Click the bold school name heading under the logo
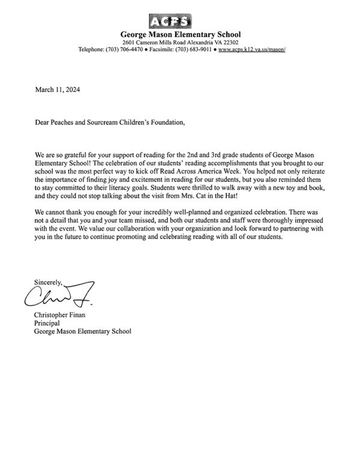coord(181,35)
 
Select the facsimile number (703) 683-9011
coord(193,50)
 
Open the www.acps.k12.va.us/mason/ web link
coord(251,50)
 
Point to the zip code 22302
coord(229,43)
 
